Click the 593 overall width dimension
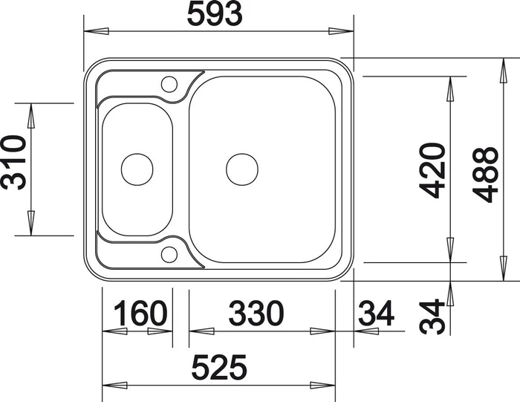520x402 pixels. click(215, 15)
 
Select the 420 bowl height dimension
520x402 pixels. click(432, 170)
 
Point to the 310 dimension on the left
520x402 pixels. click(14, 162)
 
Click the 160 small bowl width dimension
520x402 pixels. click(140, 313)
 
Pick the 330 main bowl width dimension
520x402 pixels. click(256, 313)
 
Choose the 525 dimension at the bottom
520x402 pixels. click(220, 367)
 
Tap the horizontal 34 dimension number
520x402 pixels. click(376, 313)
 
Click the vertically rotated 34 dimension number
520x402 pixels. click(432, 317)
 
